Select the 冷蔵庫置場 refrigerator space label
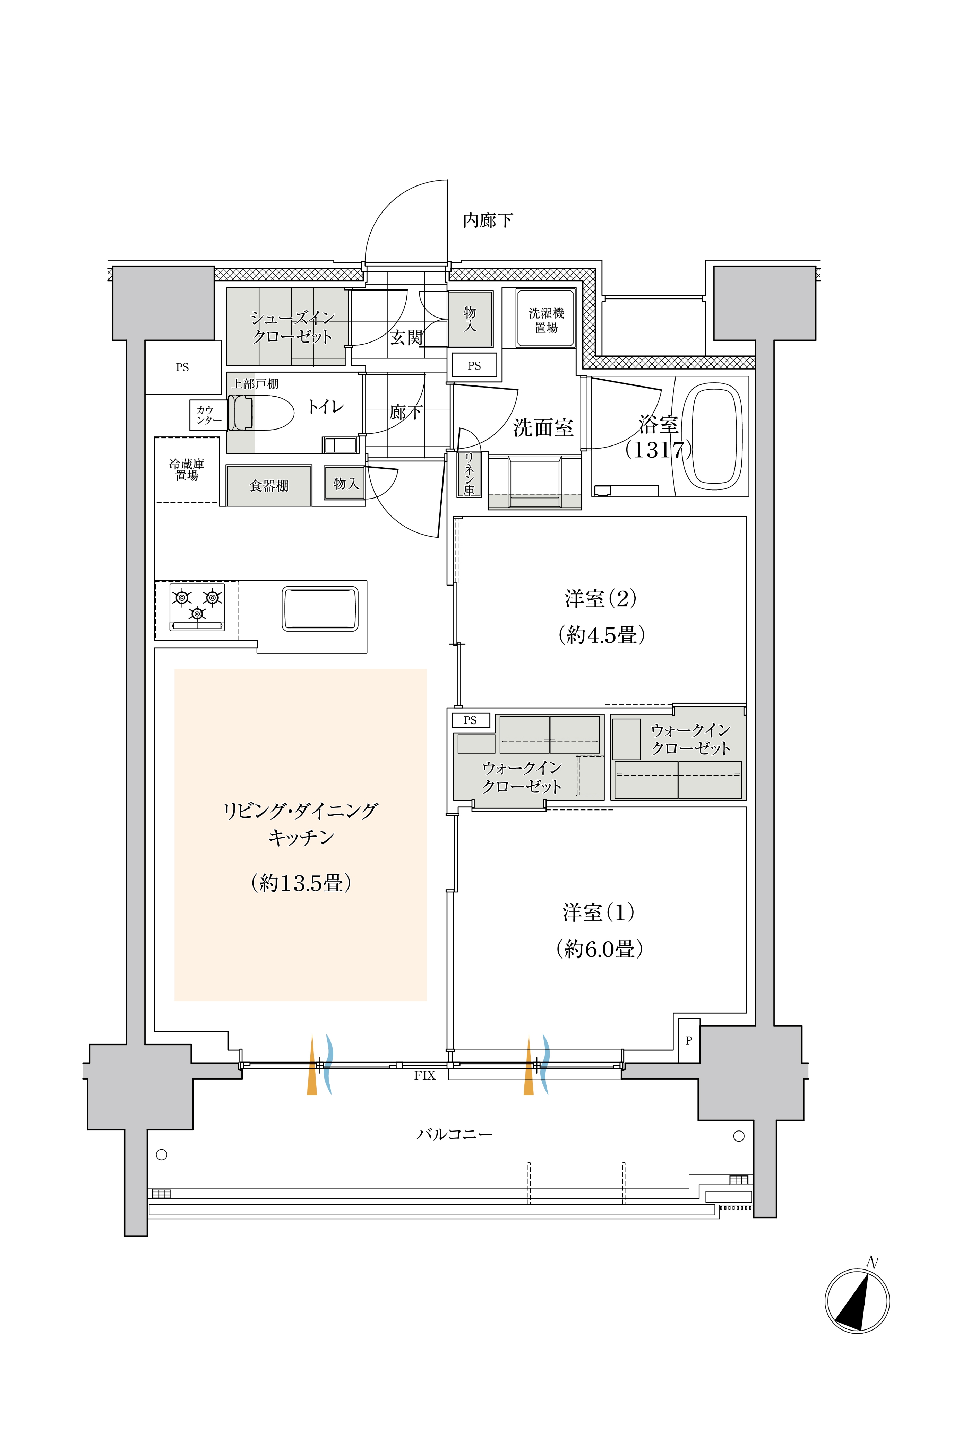(x=187, y=470)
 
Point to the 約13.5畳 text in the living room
(x=301, y=883)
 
